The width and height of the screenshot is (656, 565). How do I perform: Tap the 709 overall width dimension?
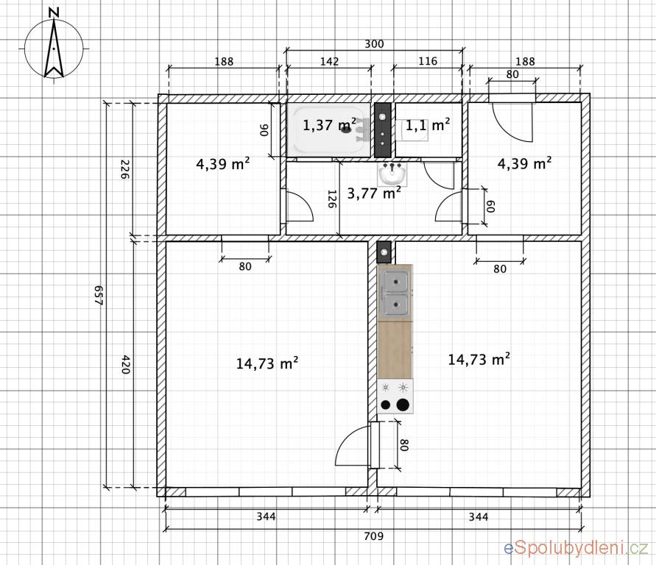pos(373,536)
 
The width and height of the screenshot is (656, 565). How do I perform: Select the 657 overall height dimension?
pos(99,296)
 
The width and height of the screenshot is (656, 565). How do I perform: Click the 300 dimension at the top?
pos(374,44)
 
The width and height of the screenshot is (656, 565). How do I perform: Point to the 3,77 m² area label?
pos(375,193)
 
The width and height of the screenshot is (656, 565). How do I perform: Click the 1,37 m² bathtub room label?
pos(330,124)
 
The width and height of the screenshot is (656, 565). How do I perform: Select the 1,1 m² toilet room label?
pos(428,124)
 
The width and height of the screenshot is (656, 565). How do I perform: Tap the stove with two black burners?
pos(395,397)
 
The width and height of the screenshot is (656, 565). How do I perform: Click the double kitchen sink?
pos(395,293)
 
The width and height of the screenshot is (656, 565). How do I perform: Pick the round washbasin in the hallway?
pos(392,174)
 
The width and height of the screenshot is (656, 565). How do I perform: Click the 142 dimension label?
pos(329,62)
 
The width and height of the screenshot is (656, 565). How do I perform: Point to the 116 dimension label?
pos(428,62)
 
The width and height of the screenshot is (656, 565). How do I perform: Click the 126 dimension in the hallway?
pos(332,199)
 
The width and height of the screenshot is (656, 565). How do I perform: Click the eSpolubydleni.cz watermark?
pos(576,548)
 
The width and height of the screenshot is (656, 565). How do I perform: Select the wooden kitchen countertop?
pos(395,350)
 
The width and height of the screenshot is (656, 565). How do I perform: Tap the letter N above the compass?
pos(54,13)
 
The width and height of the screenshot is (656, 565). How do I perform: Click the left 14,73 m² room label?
pos(267,363)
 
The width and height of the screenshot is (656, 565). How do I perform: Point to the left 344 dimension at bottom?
pos(266,517)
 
